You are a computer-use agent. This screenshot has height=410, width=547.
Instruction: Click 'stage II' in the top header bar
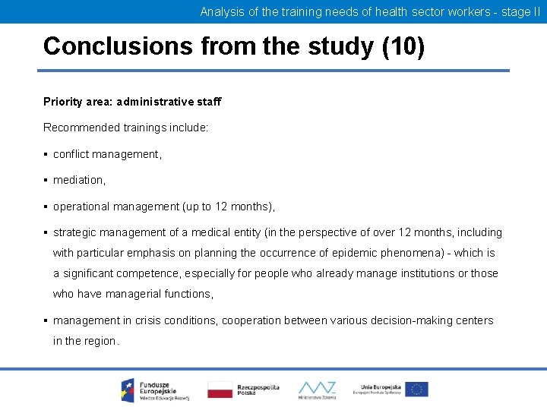520,11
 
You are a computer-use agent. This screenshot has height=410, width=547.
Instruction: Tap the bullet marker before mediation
46,180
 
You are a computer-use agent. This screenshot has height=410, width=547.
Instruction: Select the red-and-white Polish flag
220,389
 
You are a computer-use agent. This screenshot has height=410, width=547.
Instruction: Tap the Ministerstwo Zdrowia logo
317,389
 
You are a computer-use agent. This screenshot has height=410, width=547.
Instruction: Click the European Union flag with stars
416,389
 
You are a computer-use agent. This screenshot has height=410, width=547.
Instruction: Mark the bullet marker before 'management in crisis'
46,320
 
